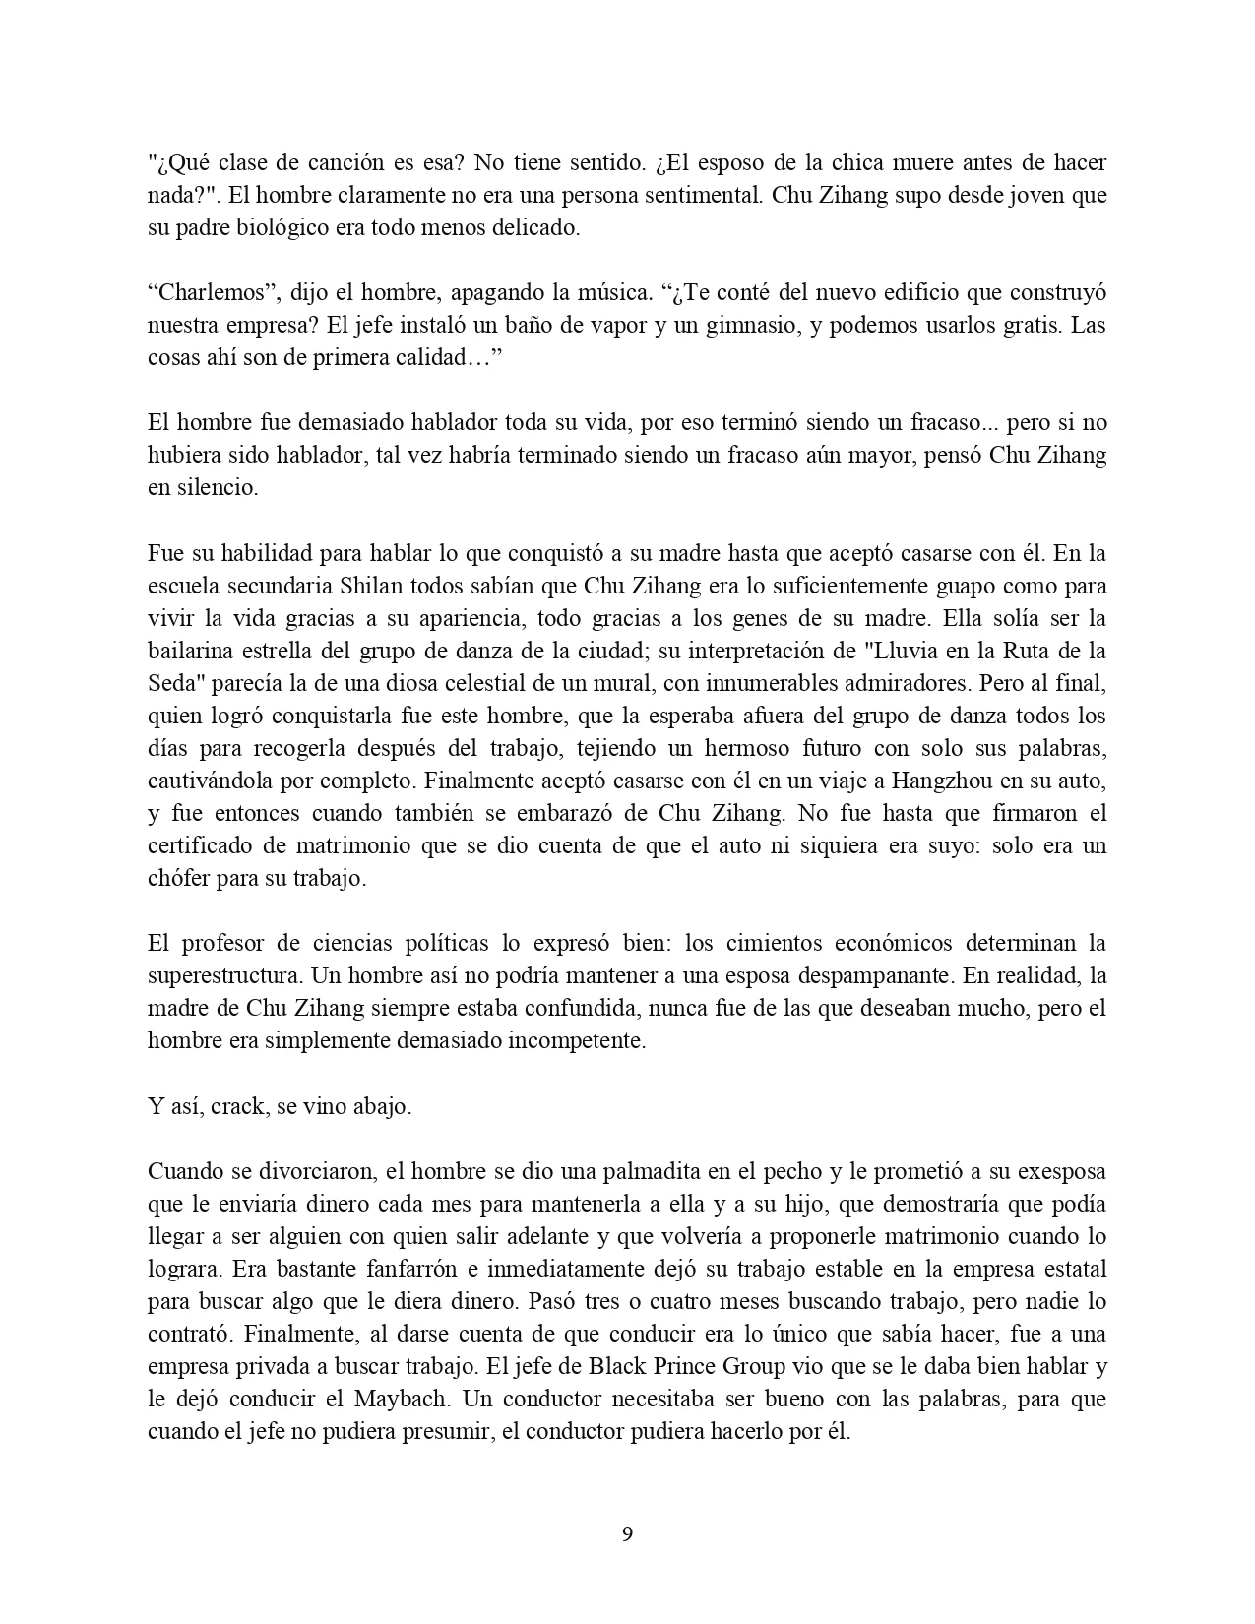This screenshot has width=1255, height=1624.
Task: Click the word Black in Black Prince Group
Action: pyautogui.click(x=615, y=1366)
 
